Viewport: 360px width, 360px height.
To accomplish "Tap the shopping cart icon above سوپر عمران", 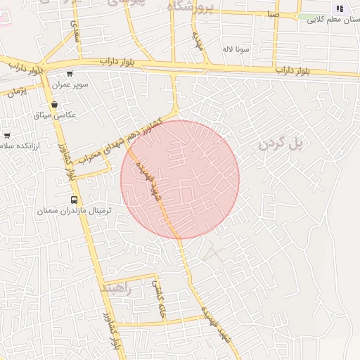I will click(69, 74).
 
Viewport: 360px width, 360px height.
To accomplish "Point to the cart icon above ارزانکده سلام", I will click(7, 135).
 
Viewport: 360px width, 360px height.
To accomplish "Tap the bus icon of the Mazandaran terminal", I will click(75, 199).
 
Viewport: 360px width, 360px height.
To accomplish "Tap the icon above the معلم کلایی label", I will click(340, 9).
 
